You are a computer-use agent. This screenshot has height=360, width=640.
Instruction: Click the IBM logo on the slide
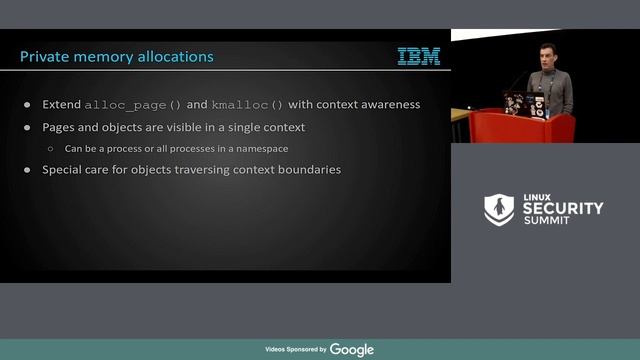click(418, 57)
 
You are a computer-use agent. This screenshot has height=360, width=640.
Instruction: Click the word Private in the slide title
click(45, 57)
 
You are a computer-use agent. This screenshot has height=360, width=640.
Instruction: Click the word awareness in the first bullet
click(387, 105)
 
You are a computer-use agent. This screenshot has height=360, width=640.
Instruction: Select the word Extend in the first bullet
click(61, 105)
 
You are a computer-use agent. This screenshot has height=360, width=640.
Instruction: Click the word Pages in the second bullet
click(60, 128)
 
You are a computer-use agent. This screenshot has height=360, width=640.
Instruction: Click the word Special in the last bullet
click(63, 170)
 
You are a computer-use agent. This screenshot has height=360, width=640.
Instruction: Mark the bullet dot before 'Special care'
click(27, 171)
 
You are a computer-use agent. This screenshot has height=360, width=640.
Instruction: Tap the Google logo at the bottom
click(352, 349)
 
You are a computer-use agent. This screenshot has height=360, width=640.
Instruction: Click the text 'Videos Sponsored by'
click(295, 350)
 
